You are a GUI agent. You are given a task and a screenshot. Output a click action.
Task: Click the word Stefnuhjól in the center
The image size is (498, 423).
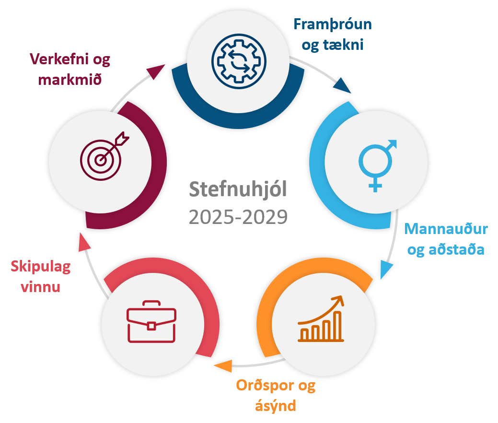pyautogui.click(x=238, y=190)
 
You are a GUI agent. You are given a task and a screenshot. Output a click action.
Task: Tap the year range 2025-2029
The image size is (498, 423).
pyautogui.click(x=238, y=217)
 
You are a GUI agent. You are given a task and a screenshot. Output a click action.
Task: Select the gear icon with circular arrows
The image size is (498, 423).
pyautogui.click(x=239, y=61)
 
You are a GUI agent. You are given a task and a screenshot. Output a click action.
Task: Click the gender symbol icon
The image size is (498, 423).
pyautogui.click(x=378, y=166)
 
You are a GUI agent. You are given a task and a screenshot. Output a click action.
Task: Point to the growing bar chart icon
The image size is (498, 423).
pyautogui.click(x=321, y=318)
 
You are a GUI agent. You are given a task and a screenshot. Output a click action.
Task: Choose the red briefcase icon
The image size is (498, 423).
pyautogui.click(x=151, y=322)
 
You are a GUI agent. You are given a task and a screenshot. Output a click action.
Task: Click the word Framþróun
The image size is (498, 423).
pyautogui.click(x=333, y=24)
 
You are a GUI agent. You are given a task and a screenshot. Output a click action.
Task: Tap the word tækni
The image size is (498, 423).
pyautogui.click(x=343, y=45)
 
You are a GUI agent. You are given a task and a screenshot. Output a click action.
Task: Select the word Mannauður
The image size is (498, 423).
pyautogui.click(x=446, y=229)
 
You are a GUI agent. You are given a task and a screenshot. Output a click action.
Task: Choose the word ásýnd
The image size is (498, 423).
pyautogui.click(x=275, y=406)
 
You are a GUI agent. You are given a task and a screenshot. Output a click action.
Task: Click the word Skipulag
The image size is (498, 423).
pyautogui.click(x=41, y=266)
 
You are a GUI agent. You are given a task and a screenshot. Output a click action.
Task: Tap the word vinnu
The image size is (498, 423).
pyautogui.click(x=40, y=287)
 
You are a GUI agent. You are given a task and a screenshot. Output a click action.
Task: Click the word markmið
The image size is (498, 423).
pyautogui.click(x=70, y=80)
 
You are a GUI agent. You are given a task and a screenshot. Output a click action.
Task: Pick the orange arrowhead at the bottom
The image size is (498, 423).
pyautogui.click(x=223, y=366)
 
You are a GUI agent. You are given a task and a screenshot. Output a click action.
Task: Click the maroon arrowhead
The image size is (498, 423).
pyautogui.click(x=156, y=71)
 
